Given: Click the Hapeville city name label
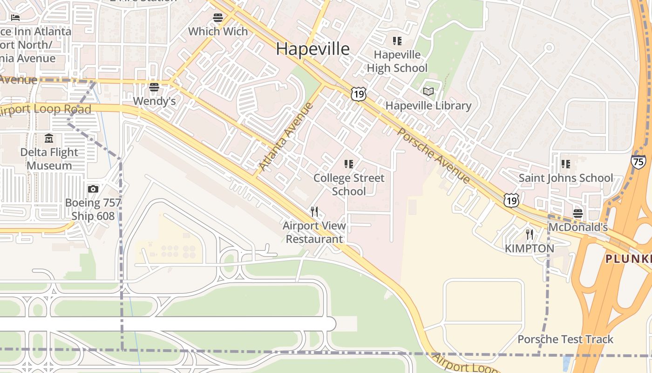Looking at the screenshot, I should coord(312,48).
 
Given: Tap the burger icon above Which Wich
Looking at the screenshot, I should coord(218,18).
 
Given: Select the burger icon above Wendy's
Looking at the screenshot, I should coord(154,87).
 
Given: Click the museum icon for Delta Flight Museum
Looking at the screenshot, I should coord(49,138).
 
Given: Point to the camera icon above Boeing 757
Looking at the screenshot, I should coord(93,189).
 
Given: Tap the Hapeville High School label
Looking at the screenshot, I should coord(397,62).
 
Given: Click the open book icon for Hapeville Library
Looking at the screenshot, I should coord(428,92).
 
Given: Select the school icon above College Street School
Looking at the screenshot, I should coord(349,164).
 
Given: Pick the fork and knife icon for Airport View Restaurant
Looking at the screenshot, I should coord(314,212).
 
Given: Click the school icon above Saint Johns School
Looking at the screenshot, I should coord(566,164).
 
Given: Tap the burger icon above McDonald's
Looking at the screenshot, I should coord(578,214).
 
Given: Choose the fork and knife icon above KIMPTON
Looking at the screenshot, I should coord(530,234).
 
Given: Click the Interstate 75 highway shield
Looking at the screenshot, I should coord(638,161).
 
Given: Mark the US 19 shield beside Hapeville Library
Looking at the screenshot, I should coord(358,94).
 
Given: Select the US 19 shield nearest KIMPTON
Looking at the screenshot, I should coord(511,200).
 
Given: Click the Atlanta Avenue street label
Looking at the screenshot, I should coord(286,137).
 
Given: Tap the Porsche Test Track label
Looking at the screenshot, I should coord(565,339).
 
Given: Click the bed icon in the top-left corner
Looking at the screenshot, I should coord(15,18).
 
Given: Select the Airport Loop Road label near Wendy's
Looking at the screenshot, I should coord(46,110).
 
